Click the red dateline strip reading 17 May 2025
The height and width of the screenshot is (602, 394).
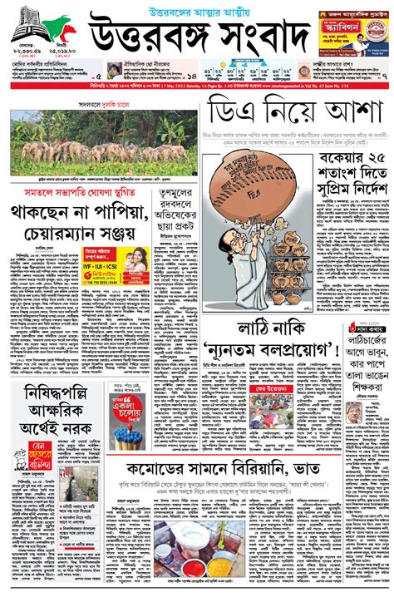coord(197,84)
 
